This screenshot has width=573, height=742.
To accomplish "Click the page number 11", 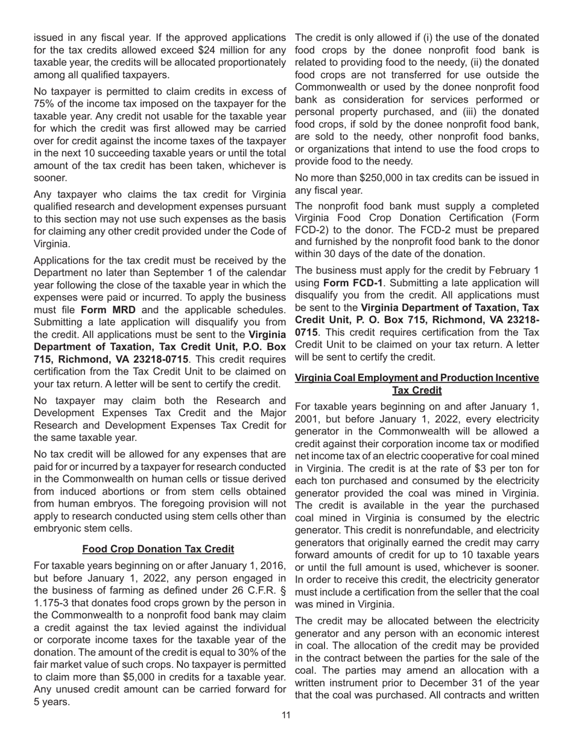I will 286,715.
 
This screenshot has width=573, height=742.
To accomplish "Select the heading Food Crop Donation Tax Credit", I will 158,549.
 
